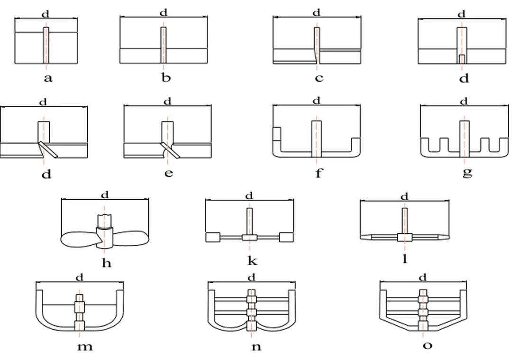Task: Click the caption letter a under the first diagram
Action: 48,78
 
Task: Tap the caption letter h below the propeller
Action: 106,263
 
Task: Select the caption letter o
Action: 427,346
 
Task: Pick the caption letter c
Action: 319,78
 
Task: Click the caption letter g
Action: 467,172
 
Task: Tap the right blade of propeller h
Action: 131,237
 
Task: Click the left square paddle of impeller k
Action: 211,237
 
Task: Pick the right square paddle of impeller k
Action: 286,237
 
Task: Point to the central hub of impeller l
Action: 404,237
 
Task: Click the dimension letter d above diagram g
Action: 464,102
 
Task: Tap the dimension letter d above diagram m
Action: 80,277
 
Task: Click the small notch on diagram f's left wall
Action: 277,134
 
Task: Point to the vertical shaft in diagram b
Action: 163,45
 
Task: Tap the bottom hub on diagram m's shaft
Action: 80,326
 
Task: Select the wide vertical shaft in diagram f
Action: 317,138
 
